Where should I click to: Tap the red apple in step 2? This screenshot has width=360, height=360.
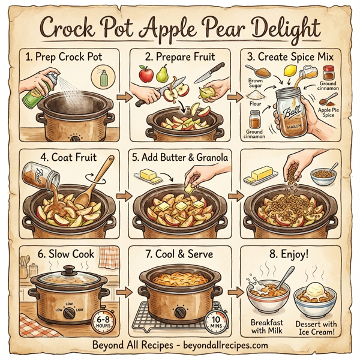point(145,74)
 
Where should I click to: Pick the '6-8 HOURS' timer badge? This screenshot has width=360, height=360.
point(103,323)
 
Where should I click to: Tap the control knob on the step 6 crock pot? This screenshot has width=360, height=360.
point(70,313)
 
